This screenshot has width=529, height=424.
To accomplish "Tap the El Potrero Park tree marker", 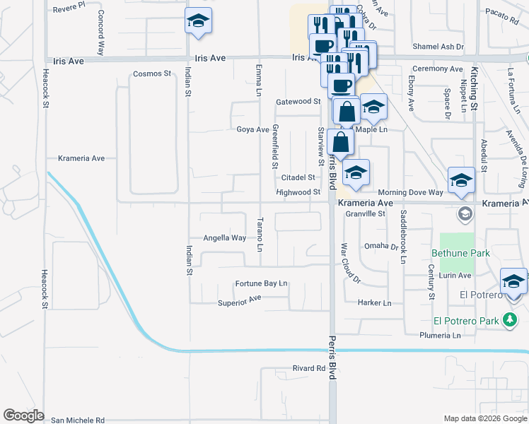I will coord(509,320).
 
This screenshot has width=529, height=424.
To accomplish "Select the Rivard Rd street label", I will coord(309,368).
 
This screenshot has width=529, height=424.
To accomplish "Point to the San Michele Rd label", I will coord(77,420).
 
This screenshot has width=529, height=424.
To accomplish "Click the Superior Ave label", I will coord(239,300).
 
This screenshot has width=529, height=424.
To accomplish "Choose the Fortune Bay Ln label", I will coord(262,283).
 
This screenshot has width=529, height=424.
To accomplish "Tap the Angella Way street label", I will coord(225,238).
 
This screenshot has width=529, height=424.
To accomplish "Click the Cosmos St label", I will coord(153,73).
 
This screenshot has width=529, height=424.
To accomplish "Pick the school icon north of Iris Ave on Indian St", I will coord(198,23).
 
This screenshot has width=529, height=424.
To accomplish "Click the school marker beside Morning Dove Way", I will coord(460,181).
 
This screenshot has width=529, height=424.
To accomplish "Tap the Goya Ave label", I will coord(252,129).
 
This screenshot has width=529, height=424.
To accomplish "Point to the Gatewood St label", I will coord(298,102).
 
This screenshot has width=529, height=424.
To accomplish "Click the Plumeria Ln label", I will coord(440,335).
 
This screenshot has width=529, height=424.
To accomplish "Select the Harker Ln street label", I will coord(375,303).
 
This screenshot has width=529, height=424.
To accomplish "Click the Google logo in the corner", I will coord(23,416).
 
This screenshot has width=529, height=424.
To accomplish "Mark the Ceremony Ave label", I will coord(437,69).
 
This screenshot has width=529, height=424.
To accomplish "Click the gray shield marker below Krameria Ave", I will coord(465,213).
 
